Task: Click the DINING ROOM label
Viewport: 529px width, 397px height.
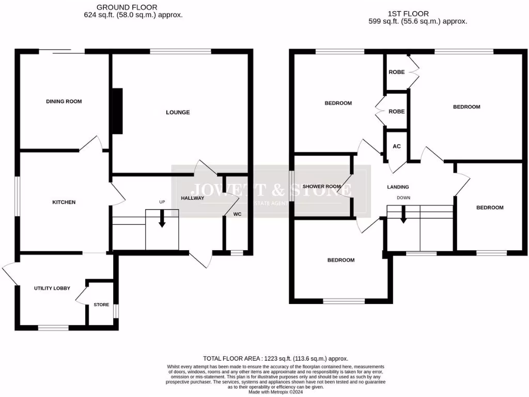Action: (x=64, y=101)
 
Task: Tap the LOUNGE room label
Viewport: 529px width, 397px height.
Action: (x=178, y=112)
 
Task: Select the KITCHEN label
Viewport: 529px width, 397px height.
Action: (x=64, y=202)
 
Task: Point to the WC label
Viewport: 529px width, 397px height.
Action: (x=237, y=213)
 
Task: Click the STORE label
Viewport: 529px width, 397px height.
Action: (x=101, y=304)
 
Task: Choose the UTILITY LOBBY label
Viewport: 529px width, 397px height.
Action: (x=52, y=288)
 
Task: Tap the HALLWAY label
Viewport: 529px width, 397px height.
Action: (x=193, y=198)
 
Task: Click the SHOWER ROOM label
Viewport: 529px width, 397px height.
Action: (x=321, y=187)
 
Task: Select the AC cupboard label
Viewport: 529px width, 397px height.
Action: (x=397, y=146)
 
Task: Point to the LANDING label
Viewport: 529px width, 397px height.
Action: (x=398, y=187)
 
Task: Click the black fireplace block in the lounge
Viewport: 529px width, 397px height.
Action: (x=117, y=111)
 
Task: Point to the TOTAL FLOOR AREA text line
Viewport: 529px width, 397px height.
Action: (x=275, y=358)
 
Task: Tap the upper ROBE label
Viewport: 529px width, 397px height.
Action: (x=397, y=72)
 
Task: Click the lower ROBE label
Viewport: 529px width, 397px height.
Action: (x=397, y=111)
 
